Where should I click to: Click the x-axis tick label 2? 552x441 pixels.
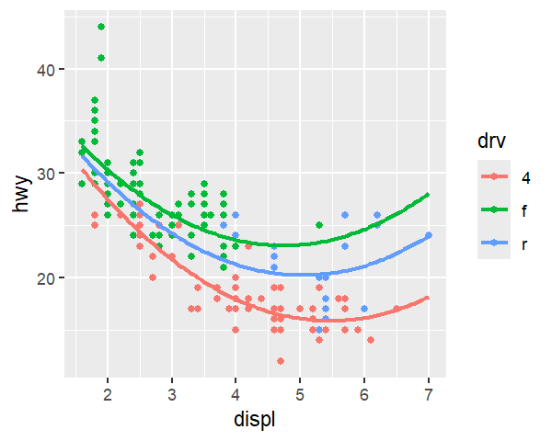click(108, 394)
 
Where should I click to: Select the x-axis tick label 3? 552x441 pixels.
click(172, 394)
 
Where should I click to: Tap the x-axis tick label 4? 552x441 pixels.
click(236, 394)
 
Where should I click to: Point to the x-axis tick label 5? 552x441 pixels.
click(300, 394)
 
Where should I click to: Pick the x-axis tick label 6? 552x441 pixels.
click(364, 394)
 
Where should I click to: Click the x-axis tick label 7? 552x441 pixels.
click(428, 394)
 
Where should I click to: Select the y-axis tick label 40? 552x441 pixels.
click(46, 70)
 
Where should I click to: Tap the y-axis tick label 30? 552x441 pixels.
click(46, 174)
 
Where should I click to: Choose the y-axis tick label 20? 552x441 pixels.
click(46, 278)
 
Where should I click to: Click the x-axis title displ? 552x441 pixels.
click(255, 420)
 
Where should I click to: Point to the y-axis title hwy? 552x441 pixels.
click(21, 194)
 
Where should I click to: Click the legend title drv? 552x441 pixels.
click(491, 141)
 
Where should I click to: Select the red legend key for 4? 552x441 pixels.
click(494, 176)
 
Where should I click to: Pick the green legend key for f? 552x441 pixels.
click(494, 209)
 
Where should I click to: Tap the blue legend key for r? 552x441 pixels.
click(494, 243)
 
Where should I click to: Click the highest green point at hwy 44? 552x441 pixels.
click(101, 27)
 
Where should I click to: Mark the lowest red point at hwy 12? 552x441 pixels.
click(281, 361)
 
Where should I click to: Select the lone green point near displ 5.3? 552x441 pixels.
click(319, 225)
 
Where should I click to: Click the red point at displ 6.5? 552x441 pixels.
click(396, 309)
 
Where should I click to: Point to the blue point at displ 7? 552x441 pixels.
click(428, 235)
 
